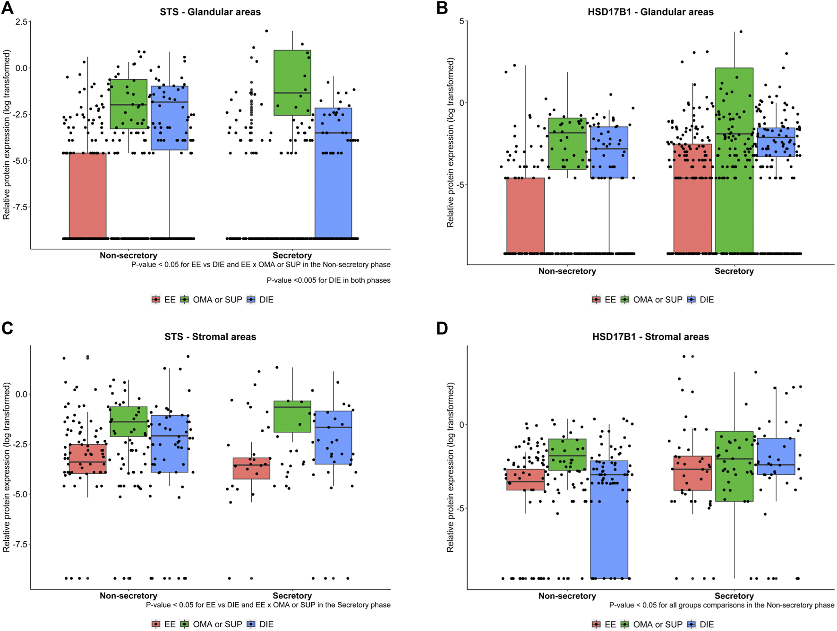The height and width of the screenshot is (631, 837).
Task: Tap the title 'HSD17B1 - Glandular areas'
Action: pyautogui.click(x=650, y=12)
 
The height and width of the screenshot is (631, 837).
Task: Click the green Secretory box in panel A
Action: pyautogui.click(x=292, y=83)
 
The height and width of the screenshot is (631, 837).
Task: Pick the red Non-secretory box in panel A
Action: pyautogui.click(x=88, y=195)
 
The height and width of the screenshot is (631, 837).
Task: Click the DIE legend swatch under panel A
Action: pyautogui.click(x=251, y=300)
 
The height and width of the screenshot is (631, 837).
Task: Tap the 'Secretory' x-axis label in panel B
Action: pyautogui.click(x=734, y=271)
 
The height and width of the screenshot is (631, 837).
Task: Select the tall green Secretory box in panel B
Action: pyautogui.click(x=734, y=160)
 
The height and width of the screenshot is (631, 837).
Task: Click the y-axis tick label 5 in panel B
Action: pyautogui.click(x=461, y=21)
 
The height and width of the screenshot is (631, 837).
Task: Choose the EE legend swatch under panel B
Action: pyautogui.click(x=596, y=300)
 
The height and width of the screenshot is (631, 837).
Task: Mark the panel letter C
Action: pyautogui.click(x=8, y=328)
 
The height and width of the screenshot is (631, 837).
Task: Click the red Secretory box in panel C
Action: pyautogui.click(x=251, y=468)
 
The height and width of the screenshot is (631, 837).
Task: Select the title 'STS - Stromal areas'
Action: pyautogui.click(x=210, y=337)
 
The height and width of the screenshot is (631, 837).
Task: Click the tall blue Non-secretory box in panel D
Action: pyautogui.click(x=609, y=519)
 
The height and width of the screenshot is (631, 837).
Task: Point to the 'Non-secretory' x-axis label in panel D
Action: pyautogui.click(x=567, y=596)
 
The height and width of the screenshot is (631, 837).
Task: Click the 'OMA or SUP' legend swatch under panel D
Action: pyautogui.click(x=625, y=624)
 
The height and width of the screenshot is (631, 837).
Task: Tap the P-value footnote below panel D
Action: pyautogui.click(x=721, y=606)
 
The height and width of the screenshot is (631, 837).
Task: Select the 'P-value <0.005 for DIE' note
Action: pyautogui.click(x=328, y=280)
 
